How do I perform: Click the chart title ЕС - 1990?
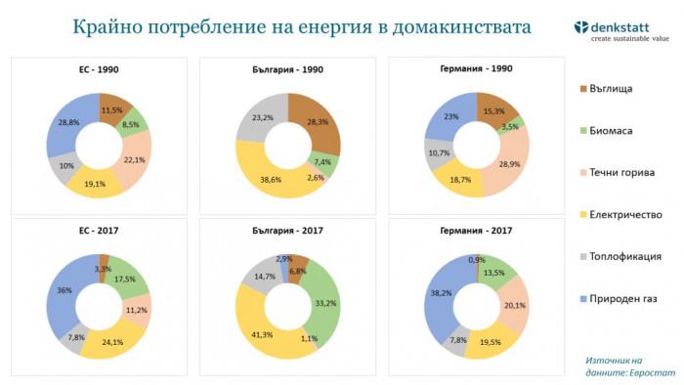click(99, 71)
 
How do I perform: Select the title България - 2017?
click(288, 232)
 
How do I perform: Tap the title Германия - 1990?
click(477, 71)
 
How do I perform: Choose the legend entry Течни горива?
click(620, 173)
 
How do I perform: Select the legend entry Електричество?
click(625, 214)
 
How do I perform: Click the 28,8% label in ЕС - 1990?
click(68, 122)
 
